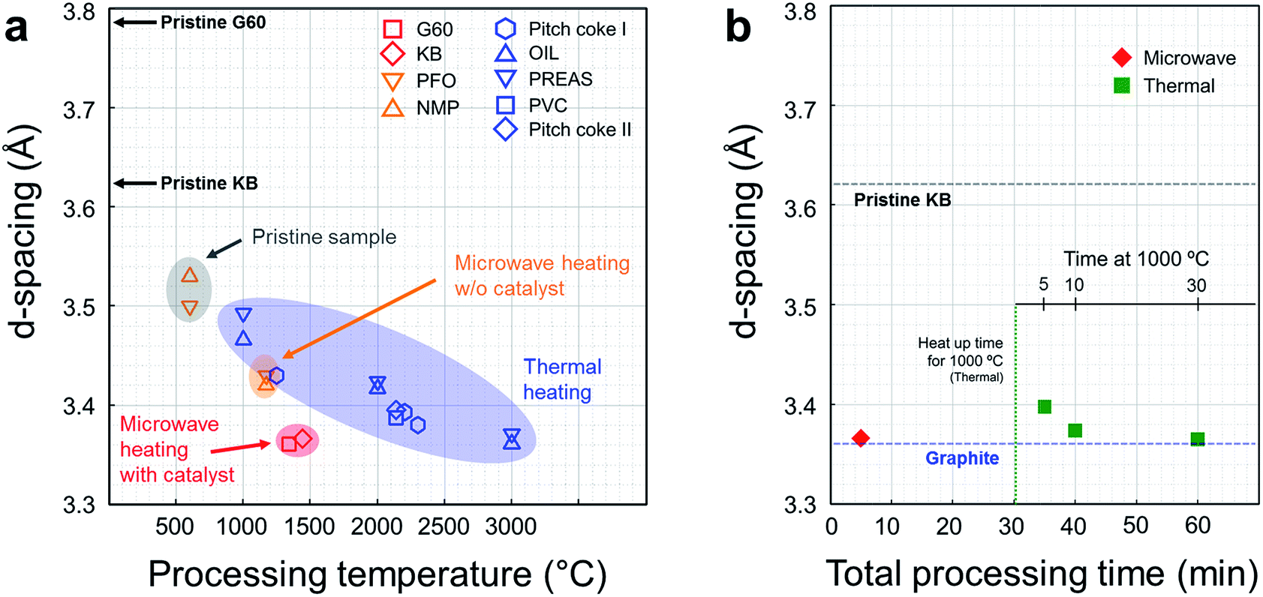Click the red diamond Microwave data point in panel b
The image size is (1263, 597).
click(x=861, y=438)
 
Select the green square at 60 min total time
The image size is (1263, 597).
click(x=1198, y=439)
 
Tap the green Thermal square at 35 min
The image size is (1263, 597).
click(x=1045, y=406)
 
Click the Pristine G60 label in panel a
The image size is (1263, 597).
click(x=213, y=22)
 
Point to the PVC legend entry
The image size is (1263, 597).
click(x=547, y=105)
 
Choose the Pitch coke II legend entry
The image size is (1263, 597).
click(x=579, y=130)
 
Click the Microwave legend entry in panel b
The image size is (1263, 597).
click(x=1189, y=58)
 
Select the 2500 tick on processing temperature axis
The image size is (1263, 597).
click(x=444, y=526)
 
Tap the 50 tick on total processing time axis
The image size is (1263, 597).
click(x=1135, y=526)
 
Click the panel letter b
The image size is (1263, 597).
click(x=738, y=28)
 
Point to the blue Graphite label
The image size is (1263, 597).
click(x=962, y=458)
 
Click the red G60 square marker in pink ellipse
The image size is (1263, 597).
click(x=289, y=444)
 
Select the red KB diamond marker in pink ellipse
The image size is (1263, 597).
click(x=302, y=439)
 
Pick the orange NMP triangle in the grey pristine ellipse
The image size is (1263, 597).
click(x=190, y=275)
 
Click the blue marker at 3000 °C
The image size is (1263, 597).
click(x=512, y=439)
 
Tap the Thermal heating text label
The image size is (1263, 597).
click(x=561, y=379)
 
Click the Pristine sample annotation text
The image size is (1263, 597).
click(x=324, y=237)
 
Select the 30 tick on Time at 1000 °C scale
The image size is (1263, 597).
click(x=1197, y=286)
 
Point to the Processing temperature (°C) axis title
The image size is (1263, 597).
click(x=377, y=574)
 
